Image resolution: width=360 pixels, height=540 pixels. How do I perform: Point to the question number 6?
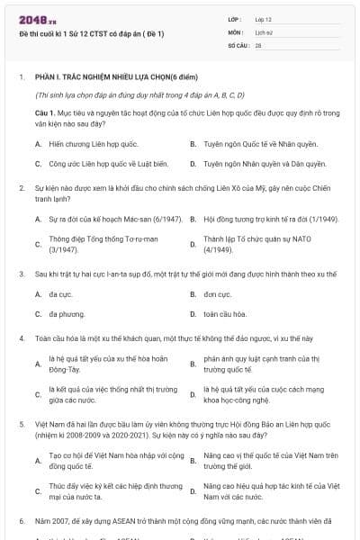21,521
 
